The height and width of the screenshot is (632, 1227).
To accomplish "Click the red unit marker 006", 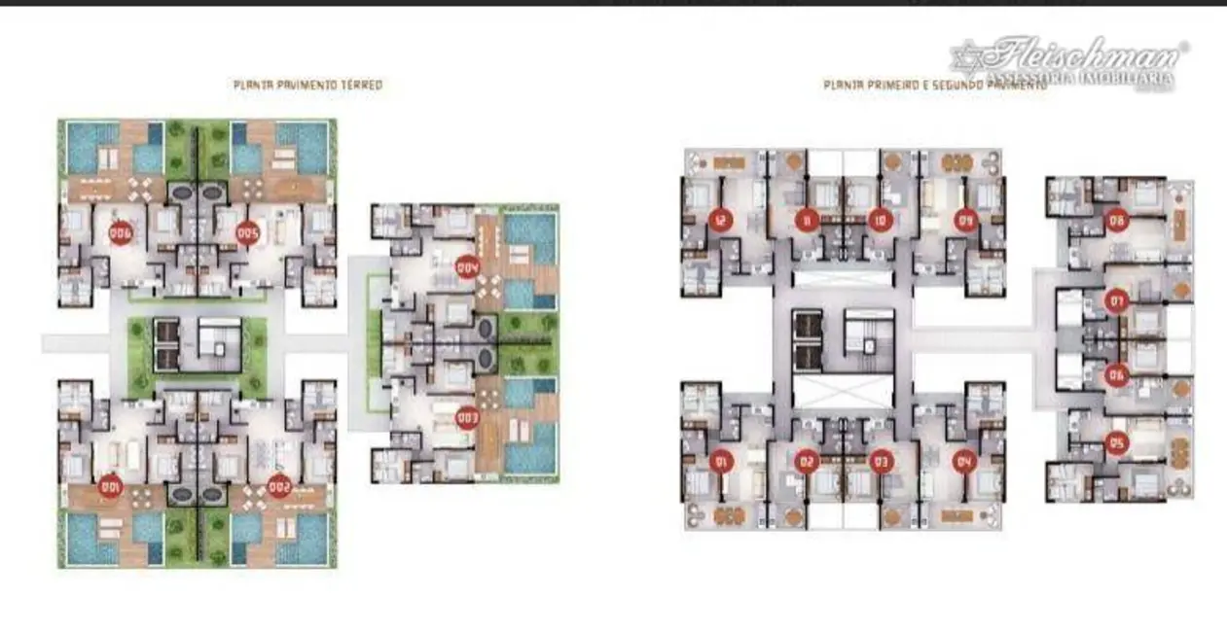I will [x=121, y=233].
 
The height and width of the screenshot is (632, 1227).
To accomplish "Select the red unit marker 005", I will [x=247, y=233].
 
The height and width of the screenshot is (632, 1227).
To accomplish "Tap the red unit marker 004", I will [x=468, y=265].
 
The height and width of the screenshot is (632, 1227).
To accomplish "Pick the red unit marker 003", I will [x=468, y=419].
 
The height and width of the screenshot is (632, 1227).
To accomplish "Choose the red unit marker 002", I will [x=279, y=486].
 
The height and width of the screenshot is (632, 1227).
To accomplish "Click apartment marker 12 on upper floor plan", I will [x=721, y=220].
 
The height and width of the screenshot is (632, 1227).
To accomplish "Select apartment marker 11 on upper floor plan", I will [x=806, y=220].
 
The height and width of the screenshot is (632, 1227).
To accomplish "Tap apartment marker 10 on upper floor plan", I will [x=881, y=220].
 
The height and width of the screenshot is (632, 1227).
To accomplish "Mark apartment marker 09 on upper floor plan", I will [x=965, y=220].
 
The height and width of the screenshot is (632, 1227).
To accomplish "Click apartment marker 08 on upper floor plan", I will [x=1117, y=223].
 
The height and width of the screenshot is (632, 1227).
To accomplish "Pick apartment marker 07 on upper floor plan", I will [x=1117, y=302].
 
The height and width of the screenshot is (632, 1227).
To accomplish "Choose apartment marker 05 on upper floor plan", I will [x=1117, y=443].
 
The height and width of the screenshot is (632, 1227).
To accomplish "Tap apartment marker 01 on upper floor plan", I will [x=721, y=461].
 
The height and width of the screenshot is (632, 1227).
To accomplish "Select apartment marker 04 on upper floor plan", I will [x=965, y=461].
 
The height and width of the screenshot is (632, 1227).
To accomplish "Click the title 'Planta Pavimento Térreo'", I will [x=307, y=86].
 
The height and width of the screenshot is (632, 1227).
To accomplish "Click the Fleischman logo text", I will [x=1081, y=54].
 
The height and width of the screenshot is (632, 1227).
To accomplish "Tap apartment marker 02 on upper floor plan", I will [x=806, y=461].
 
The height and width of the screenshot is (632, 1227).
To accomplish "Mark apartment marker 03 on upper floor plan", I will [x=881, y=461].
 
